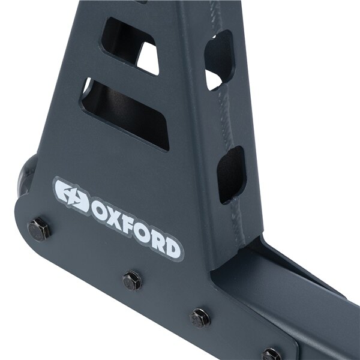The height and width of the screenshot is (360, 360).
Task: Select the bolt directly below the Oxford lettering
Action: pos(131,280)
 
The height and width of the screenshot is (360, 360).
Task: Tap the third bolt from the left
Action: pos(200,317)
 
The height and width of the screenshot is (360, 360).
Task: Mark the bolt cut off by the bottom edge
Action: pos(271,354)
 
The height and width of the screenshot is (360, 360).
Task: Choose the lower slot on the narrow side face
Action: pos(231,174)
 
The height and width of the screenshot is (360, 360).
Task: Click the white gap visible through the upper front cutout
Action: pos(147,60)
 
